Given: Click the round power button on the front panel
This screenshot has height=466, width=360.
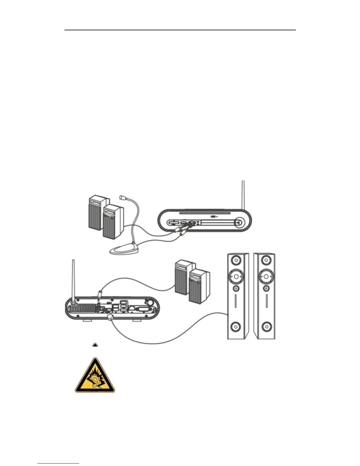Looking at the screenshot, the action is pos(239,223).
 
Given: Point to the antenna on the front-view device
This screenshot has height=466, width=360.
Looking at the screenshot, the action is pos(243,194).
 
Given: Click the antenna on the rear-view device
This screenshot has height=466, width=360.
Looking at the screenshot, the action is pos(73,279).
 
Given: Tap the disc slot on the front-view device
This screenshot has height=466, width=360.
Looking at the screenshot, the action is pos(205,212).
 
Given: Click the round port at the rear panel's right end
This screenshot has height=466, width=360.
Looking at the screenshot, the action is pos(150,302).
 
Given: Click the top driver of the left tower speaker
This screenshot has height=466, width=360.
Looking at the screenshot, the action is pos(236,261).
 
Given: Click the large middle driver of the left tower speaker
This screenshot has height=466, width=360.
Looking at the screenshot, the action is pos(236,277).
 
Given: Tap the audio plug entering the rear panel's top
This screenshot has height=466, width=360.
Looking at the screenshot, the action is pos(100,294).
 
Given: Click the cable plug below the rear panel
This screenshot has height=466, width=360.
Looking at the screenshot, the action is pos(110,318).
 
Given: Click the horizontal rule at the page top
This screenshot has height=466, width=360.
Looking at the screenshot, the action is pos(180,30).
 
